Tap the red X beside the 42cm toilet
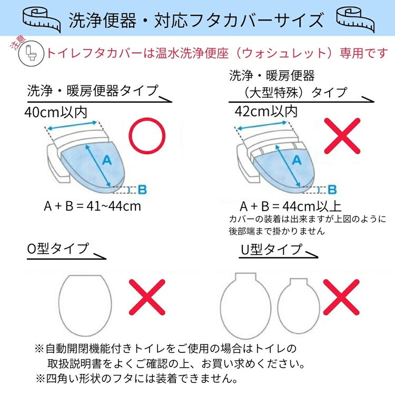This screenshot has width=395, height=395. pyautogui.click(x=342, y=136)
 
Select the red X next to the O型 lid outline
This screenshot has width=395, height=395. pyautogui.click(x=147, y=297)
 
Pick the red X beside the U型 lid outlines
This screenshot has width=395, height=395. pyautogui.click(x=341, y=297)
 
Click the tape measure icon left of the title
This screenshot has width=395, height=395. pyautogui.click(x=42, y=19)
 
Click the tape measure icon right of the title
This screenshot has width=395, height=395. pyautogui.click(x=355, y=19)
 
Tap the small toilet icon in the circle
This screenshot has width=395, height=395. pyautogui.click(x=31, y=53)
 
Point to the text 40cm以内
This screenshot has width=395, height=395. pyautogui.click(x=56, y=112)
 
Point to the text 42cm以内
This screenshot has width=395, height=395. pyautogui.click(x=266, y=111)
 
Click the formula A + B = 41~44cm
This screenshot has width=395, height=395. pyautogui.click(x=92, y=206)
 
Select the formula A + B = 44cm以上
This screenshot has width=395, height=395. pyautogui.click(x=290, y=206)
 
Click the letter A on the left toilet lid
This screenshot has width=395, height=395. pyautogui.click(x=107, y=160)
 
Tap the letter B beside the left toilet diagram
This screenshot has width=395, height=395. pyautogui.click(x=142, y=190)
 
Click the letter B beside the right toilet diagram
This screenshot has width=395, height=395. pyautogui.click(x=332, y=190)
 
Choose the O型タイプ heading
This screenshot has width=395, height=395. pyautogui.click(x=58, y=249)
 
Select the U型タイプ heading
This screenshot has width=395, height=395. pyautogui.click(x=271, y=250)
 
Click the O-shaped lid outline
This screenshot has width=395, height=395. pyautogui.click(x=60, y=305)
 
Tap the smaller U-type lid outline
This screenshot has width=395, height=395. pyautogui.click(x=278, y=306)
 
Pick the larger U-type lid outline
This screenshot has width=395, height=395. pyautogui.click(x=221, y=306)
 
